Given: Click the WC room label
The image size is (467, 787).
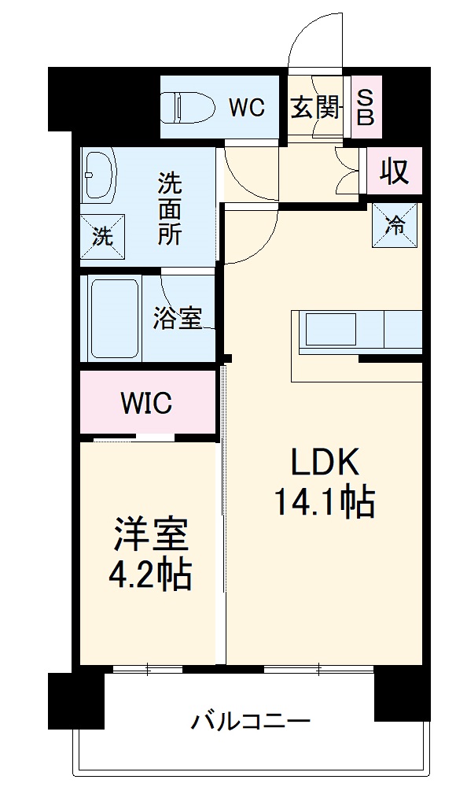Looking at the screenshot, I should point(246,108).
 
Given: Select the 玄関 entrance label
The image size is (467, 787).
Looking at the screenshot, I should point(314,107).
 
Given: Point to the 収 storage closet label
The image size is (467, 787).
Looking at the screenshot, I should point(395,172).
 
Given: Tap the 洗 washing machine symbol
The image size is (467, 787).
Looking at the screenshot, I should point(103,236).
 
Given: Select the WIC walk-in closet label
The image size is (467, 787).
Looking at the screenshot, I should point(146,404).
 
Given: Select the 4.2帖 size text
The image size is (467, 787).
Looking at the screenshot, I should point(149,575).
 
